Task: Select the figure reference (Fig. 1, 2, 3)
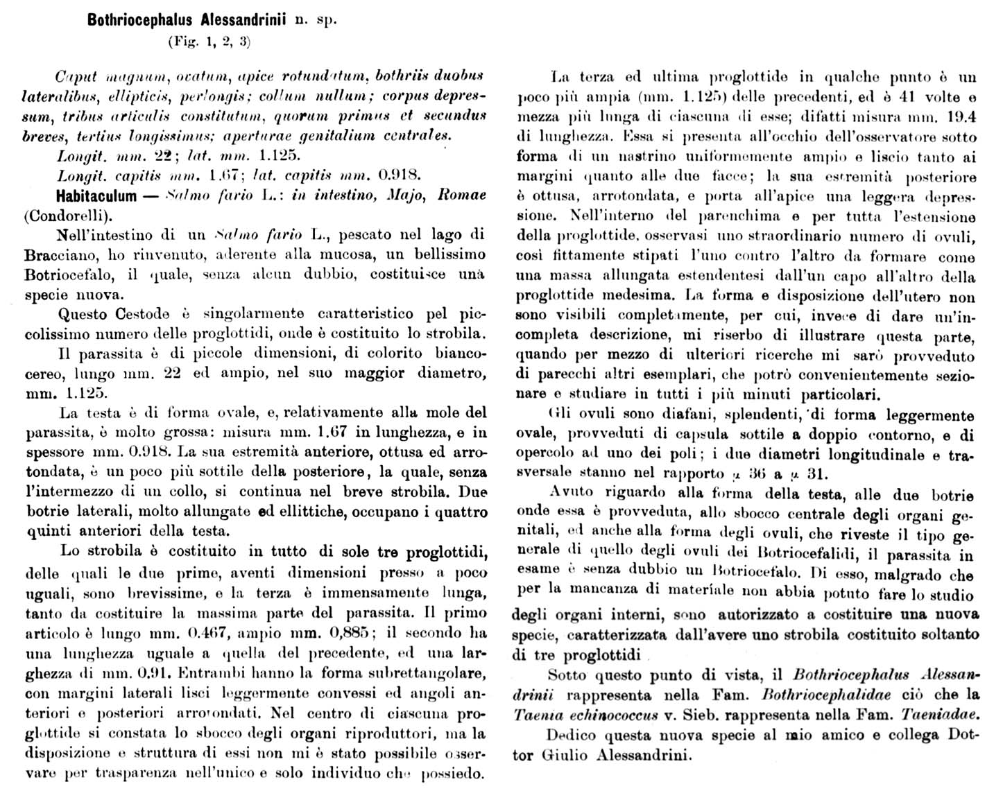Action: [x=209, y=42]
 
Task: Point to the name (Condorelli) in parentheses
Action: [x=68, y=215]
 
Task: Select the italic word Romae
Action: [x=461, y=195]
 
